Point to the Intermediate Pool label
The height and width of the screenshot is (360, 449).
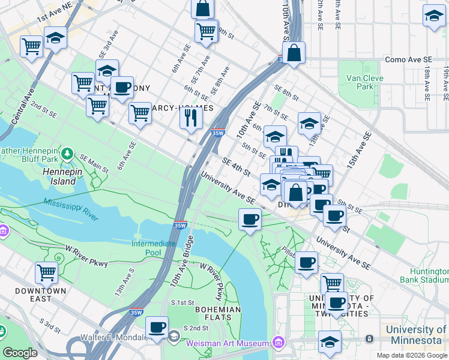tap(154, 248)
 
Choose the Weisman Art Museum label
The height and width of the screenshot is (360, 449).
tap(228, 343)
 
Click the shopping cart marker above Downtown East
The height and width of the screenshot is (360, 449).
tap(46, 272)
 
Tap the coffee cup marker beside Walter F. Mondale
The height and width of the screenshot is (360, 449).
tap(157, 327)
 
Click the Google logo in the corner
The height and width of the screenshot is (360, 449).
tap(20, 353)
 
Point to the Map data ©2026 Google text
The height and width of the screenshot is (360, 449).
tap(411, 355)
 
